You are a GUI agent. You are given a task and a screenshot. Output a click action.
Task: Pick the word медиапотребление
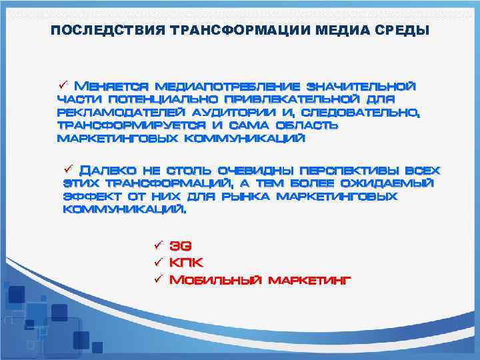[x=227, y=86]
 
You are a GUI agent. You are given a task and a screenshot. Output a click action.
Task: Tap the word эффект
[x=90, y=197]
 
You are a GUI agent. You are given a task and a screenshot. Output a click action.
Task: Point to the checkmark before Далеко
[x=68, y=169]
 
